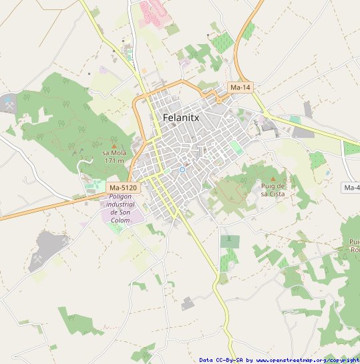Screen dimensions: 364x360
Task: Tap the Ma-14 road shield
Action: click(240, 87)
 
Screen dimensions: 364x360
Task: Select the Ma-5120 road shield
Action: click(123, 188)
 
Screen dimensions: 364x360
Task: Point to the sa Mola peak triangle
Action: click(114, 146)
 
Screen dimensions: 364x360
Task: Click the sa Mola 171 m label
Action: click(114, 156)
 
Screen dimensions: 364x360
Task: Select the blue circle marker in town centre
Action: click(182, 170)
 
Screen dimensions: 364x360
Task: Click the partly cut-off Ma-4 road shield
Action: click(351, 188)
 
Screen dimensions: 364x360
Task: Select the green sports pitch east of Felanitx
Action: click(236, 147)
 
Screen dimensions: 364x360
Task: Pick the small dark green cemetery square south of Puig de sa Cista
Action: click(230, 240)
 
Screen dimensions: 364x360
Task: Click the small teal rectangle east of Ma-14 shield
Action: click(295, 119)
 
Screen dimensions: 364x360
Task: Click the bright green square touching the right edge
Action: click(351, 148)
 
